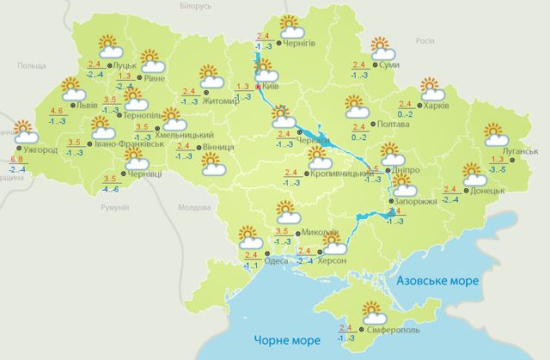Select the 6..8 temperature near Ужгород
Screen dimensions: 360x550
[x=15, y=160]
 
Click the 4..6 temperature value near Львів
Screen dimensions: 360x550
[x=58, y=112]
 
